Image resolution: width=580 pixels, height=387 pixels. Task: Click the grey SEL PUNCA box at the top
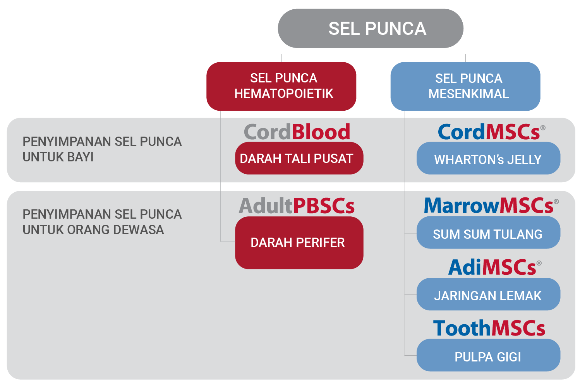[371, 28]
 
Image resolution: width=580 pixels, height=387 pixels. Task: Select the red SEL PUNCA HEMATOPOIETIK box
[281, 86]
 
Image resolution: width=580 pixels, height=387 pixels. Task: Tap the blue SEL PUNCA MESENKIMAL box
[465, 86]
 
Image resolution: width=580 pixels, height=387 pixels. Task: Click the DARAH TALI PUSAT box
[299, 158]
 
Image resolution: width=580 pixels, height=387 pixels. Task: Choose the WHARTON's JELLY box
[488, 158]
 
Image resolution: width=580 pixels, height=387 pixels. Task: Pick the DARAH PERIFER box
[299, 243]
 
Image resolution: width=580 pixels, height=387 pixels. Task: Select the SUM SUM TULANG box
[488, 233]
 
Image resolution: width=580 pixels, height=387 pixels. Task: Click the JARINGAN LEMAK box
[488, 294]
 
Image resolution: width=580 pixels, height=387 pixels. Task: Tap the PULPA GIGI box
[488, 355]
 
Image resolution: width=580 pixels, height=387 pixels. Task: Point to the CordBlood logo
[297, 132]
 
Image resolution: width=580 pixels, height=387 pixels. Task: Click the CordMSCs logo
[491, 132]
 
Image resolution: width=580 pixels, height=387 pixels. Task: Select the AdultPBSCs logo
[297, 206]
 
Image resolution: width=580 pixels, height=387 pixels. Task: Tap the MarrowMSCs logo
[491, 205]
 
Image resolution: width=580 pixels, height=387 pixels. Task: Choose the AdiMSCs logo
[495, 267]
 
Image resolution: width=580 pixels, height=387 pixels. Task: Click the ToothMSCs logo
[489, 328]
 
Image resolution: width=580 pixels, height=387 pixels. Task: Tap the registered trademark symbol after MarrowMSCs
[556, 201]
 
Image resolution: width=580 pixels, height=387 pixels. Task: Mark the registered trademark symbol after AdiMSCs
[539, 263]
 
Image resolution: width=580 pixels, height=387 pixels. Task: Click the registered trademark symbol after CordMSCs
[543, 128]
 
